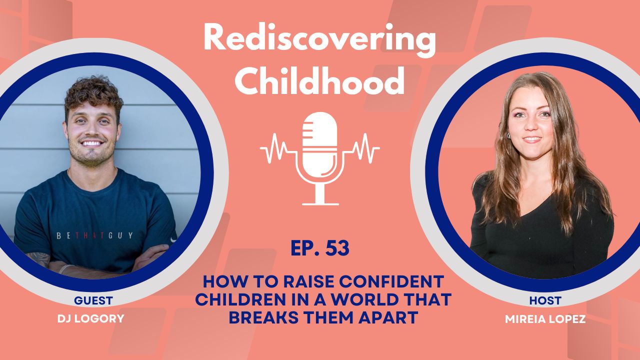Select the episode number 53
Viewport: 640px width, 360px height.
point(336,248)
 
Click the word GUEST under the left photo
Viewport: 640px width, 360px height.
point(93,300)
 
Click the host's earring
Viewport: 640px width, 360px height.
point(509,135)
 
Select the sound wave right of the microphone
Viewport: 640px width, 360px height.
point(364,148)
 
